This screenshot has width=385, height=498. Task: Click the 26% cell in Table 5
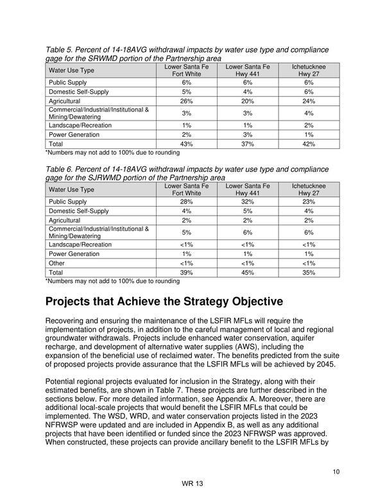187,101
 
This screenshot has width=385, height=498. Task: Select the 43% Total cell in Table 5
187,144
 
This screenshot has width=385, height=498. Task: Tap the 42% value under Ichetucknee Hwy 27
309,144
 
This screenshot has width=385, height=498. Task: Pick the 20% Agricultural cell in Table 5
248,101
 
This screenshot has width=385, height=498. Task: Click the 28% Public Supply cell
187,202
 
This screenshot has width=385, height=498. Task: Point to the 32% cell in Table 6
248,202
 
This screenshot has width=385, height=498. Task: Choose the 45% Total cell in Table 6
248,272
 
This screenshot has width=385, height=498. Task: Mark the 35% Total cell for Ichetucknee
309,272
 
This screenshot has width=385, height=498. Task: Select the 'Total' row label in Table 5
57,144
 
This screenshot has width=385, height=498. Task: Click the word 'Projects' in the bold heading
73,302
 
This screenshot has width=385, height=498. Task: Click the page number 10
336,472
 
